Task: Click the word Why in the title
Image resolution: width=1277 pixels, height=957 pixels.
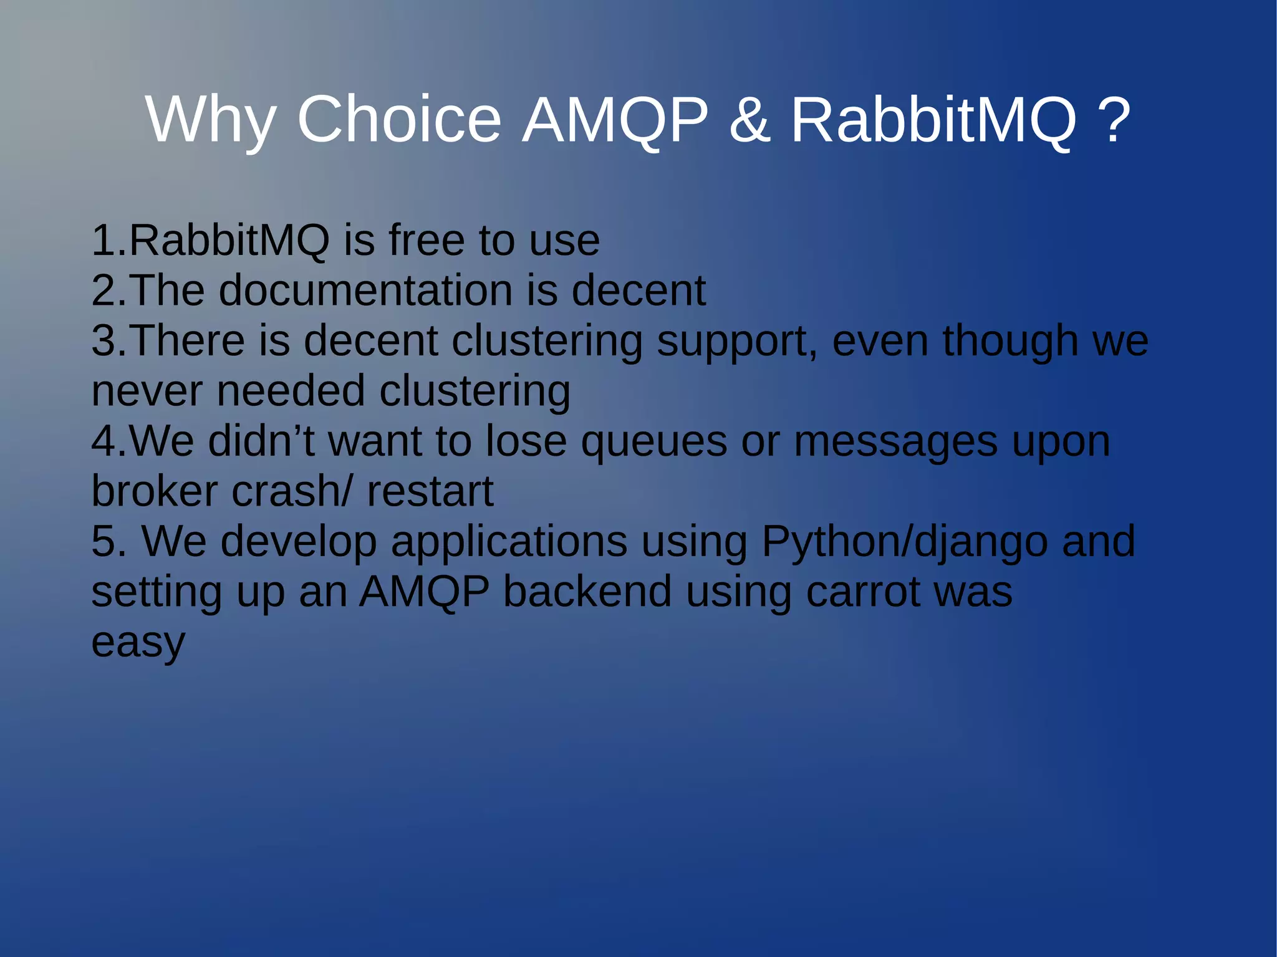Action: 211,120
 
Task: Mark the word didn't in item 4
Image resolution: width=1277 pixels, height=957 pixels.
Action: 261,441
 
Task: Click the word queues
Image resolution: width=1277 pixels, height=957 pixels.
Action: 653,441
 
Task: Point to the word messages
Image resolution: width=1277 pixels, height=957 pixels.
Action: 895,441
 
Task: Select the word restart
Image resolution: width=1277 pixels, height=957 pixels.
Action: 430,491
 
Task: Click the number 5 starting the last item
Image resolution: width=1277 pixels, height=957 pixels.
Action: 104,541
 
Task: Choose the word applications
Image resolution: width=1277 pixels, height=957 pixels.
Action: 509,541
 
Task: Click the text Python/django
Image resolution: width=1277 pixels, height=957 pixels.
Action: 904,541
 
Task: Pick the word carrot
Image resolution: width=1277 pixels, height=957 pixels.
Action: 863,592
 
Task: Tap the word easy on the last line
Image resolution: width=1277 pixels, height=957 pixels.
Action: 138,642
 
